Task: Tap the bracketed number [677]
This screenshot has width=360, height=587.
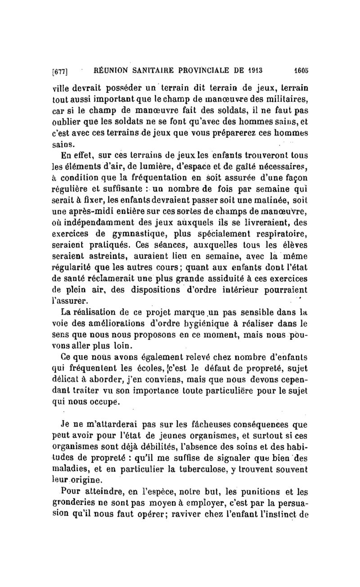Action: point(59,71)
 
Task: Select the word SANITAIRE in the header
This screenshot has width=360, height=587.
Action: point(149,70)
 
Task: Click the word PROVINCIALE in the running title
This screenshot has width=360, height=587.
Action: point(202,70)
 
